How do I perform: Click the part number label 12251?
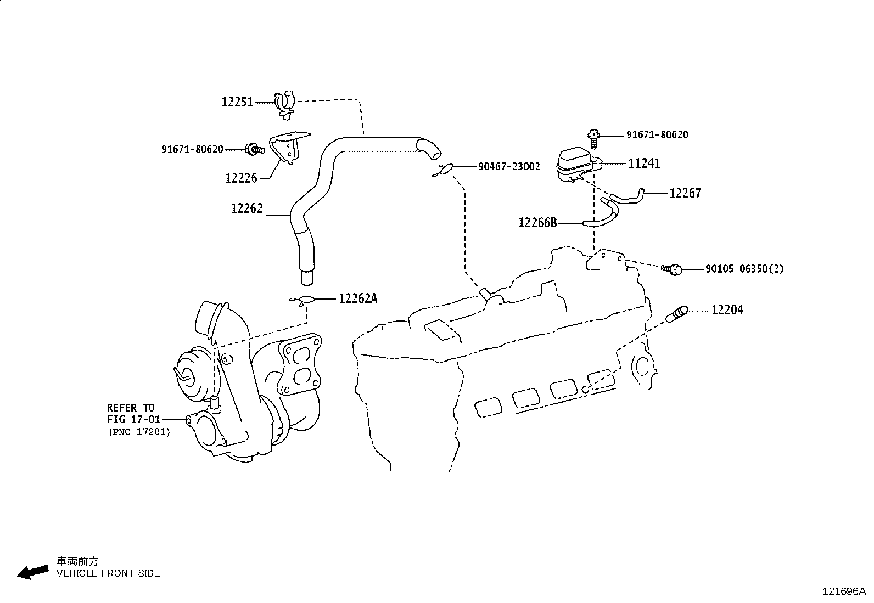pyautogui.click(x=237, y=102)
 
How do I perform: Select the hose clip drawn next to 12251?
pyautogui.click(x=284, y=104)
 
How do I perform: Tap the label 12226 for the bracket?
pyautogui.click(x=241, y=178)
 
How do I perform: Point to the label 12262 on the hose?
pyautogui.click(x=247, y=208)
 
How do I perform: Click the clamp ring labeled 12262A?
pyautogui.click(x=305, y=300)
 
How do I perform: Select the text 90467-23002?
pyautogui.click(x=508, y=166)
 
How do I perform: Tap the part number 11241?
pyautogui.click(x=645, y=164)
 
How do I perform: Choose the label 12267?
pyautogui.click(x=685, y=193)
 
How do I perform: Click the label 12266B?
pyautogui.click(x=538, y=223)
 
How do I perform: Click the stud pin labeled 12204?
pyautogui.click(x=676, y=315)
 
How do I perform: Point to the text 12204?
pyautogui.click(x=727, y=310)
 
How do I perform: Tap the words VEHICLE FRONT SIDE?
pyautogui.click(x=108, y=573)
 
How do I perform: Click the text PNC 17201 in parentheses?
pyautogui.click(x=139, y=432)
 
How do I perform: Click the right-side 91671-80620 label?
pyautogui.click(x=657, y=135)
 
